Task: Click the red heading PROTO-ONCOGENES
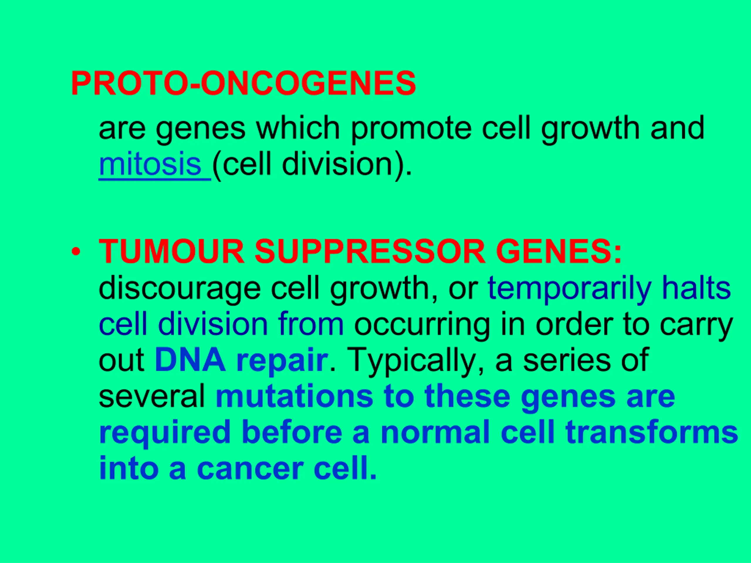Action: (243, 84)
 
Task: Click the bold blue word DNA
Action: (190, 360)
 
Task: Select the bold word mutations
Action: (294, 397)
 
